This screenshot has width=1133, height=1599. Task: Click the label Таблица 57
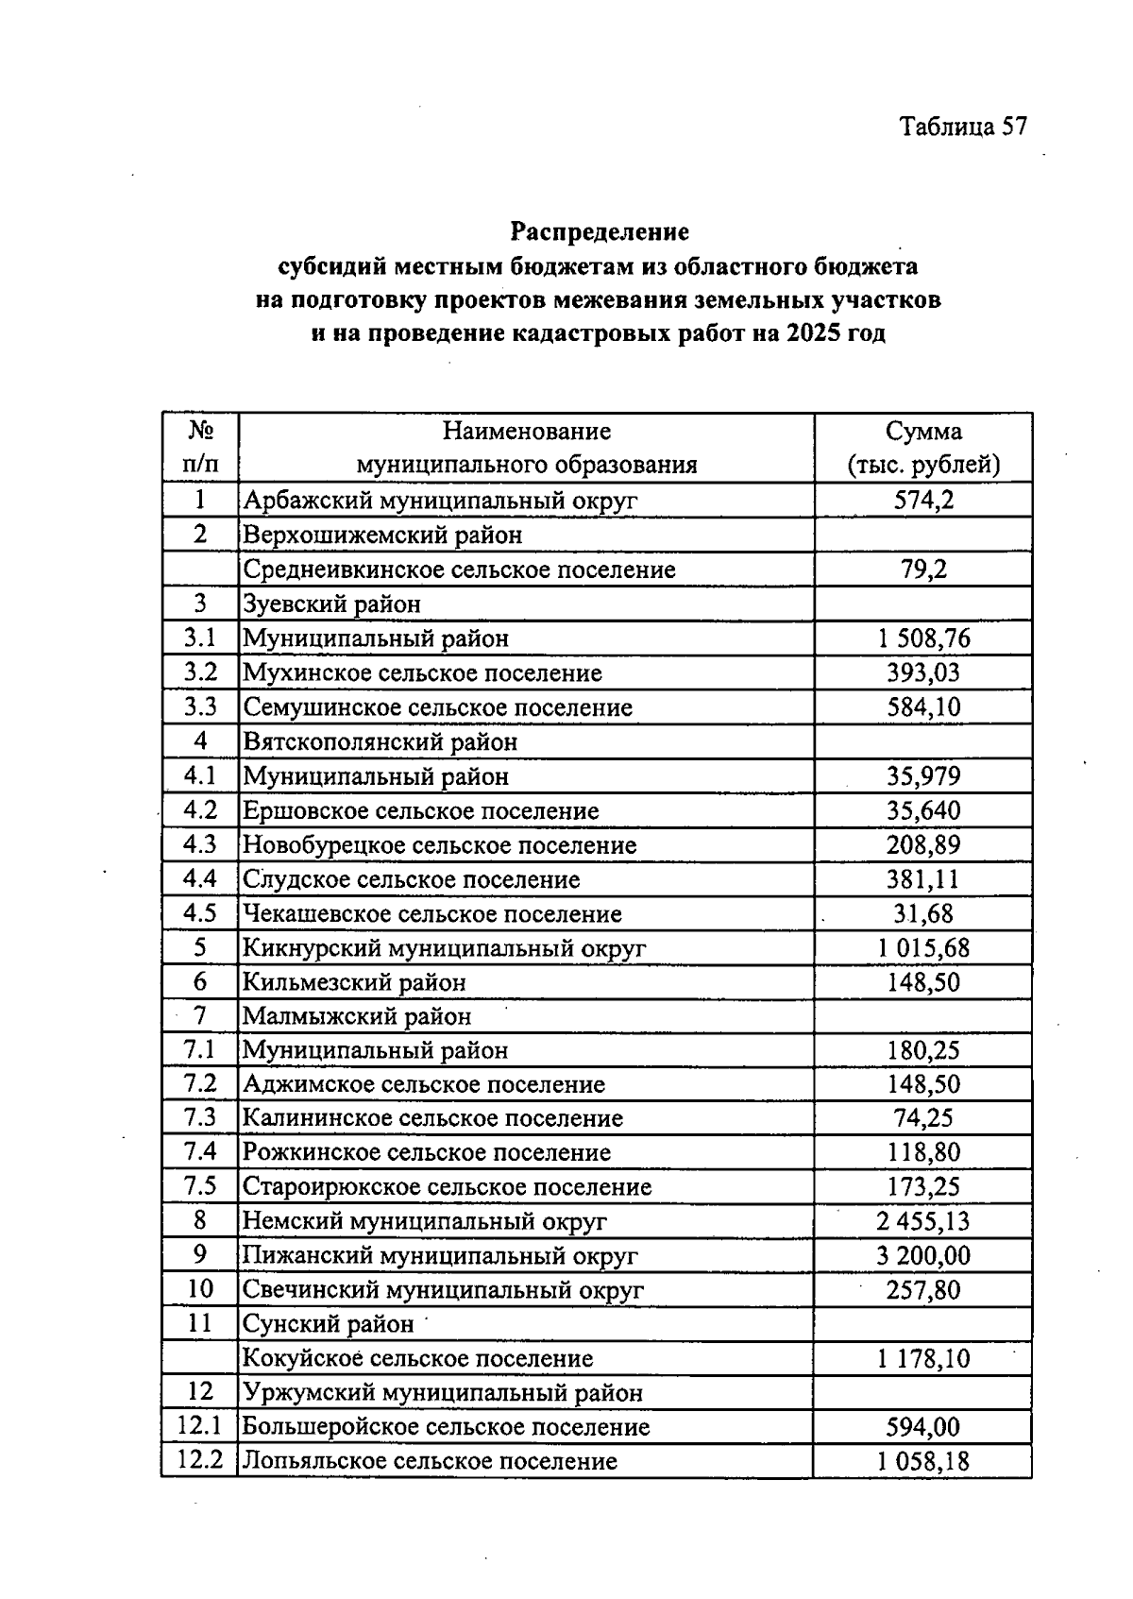[x=962, y=127]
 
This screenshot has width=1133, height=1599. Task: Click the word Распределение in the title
[x=600, y=231]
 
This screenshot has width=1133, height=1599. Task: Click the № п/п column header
[x=200, y=448]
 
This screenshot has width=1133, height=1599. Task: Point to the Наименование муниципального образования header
[x=526, y=448]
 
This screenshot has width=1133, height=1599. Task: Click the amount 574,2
[x=923, y=500]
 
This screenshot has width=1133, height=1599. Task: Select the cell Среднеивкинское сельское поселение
[x=459, y=570]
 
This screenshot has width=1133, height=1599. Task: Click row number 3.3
[x=200, y=706]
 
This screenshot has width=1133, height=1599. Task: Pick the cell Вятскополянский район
[x=380, y=741]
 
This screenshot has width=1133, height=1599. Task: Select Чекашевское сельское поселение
[x=432, y=913]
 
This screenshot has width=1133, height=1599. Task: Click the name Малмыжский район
[x=357, y=1016]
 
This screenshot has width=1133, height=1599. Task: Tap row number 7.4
[x=200, y=1151]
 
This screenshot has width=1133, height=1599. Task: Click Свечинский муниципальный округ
[x=443, y=1289]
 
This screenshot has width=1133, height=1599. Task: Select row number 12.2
[x=200, y=1461]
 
